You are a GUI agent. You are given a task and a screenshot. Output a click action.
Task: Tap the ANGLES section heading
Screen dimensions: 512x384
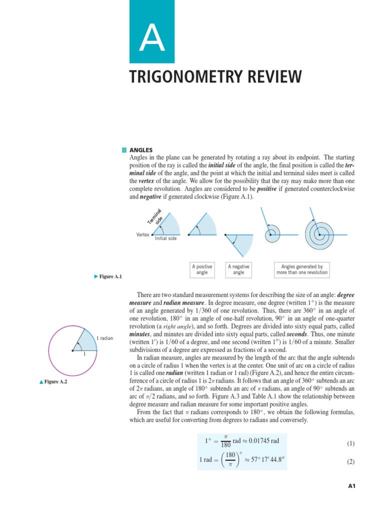(x=141, y=150)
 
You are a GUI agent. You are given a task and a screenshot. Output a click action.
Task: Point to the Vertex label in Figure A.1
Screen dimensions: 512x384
(x=142, y=234)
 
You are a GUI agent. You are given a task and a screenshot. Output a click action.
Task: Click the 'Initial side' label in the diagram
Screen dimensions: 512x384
(x=165, y=238)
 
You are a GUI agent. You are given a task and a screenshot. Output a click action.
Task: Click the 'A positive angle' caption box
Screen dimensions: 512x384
(x=202, y=269)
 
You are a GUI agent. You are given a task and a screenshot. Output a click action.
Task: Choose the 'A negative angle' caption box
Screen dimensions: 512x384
(x=238, y=269)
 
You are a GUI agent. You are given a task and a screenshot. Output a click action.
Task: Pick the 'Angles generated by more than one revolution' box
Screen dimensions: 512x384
(x=302, y=269)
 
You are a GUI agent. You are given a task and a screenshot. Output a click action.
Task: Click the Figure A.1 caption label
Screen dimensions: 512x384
(x=110, y=276)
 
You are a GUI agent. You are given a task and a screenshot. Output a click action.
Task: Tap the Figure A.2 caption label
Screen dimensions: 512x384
(x=55, y=382)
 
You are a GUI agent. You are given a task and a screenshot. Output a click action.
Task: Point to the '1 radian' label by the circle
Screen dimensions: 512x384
(x=105, y=338)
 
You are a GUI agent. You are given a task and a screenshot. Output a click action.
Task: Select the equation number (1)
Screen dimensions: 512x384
(x=350, y=443)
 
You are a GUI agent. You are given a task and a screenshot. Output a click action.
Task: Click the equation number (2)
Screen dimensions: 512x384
(x=350, y=462)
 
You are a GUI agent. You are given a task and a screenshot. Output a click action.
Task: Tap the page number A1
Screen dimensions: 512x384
(x=351, y=485)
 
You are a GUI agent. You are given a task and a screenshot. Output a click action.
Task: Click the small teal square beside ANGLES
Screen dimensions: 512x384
(x=124, y=150)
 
